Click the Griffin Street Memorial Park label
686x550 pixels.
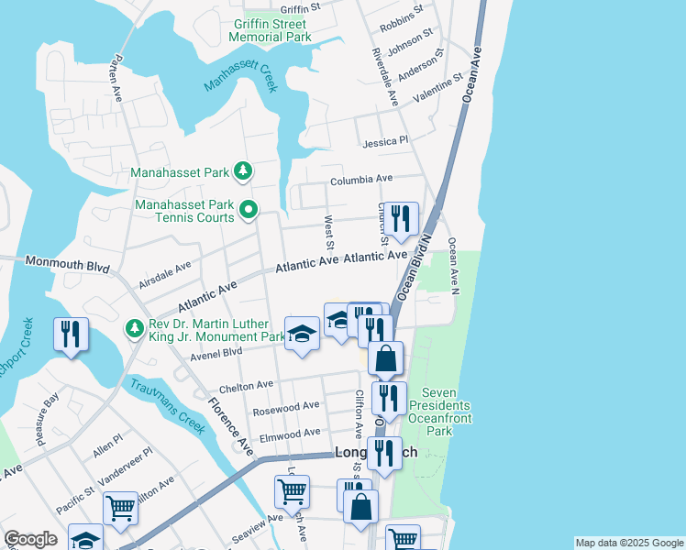[272, 30]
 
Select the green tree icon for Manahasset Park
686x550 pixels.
[243, 170]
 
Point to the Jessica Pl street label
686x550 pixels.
[385, 142]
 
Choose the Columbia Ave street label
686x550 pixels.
[360, 179]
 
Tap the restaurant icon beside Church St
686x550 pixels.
[401, 219]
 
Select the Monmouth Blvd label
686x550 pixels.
[68, 265]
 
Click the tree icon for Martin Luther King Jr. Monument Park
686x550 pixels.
[135, 327]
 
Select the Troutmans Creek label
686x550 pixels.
[167, 404]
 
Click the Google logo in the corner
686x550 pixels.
[30, 539]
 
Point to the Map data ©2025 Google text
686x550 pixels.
[628, 543]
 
